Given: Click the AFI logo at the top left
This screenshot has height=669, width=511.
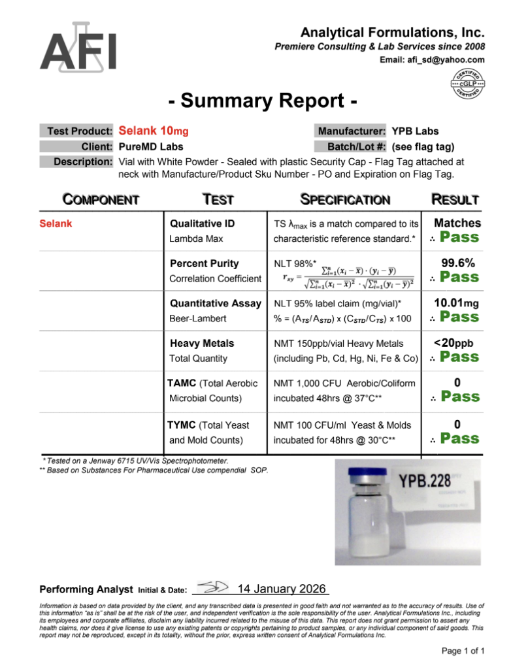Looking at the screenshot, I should (78, 48).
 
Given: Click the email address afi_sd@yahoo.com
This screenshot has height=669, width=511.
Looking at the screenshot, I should (432, 60).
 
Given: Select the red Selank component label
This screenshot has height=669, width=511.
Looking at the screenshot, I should (56, 223).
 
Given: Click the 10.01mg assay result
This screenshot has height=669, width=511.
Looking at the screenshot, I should (457, 303).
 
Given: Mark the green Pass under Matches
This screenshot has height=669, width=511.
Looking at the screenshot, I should (459, 237).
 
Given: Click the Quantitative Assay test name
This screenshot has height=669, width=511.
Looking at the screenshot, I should (216, 303).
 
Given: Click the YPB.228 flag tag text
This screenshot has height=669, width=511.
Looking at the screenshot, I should (423, 482).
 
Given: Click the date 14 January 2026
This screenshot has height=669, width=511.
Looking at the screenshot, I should (282, 589).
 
